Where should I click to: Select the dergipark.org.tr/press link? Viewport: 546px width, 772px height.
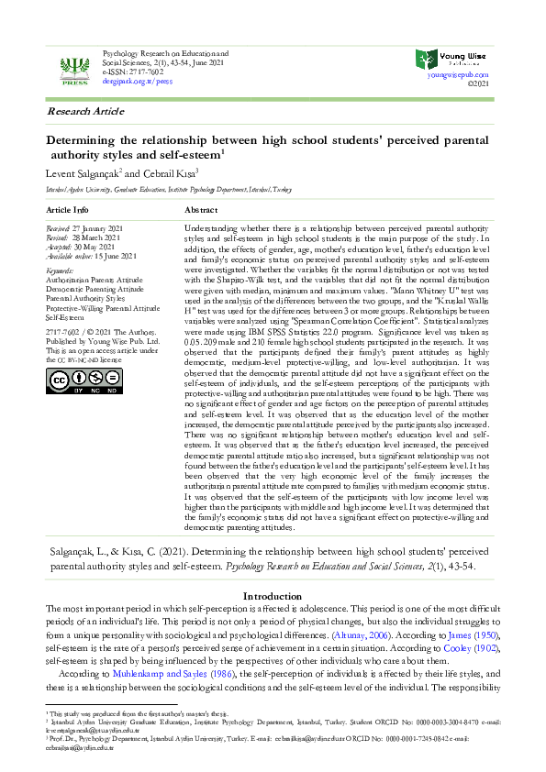[x=137, y=81]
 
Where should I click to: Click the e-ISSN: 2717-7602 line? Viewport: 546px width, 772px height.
[x=133, y=72]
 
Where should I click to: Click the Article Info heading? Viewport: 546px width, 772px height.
[x=69, y=210]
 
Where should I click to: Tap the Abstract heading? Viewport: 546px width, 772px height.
[x=200, y=210]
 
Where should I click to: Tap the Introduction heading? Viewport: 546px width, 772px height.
[x=273, y=597]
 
